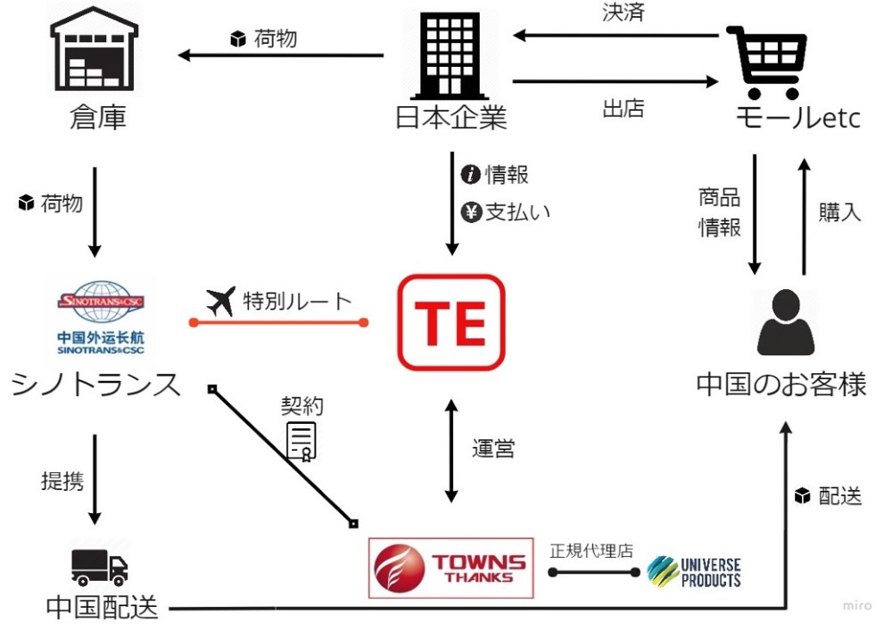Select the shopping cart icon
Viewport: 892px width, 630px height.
(x=767, y=61)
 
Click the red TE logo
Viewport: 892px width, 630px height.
(x=451, y=322)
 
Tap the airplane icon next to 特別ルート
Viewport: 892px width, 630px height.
(x=220, y=301)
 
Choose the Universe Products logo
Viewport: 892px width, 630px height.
(x=695, y=571)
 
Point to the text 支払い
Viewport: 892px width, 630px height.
(x=517, y=211)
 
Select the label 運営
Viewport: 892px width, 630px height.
(x=493, y=448)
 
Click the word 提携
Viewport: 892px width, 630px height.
(x=62, y=480)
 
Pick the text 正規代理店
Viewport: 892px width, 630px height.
(x=591, y=550)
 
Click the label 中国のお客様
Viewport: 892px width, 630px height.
(x=781, y=384)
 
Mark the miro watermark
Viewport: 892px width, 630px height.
(x=857, y=606)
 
